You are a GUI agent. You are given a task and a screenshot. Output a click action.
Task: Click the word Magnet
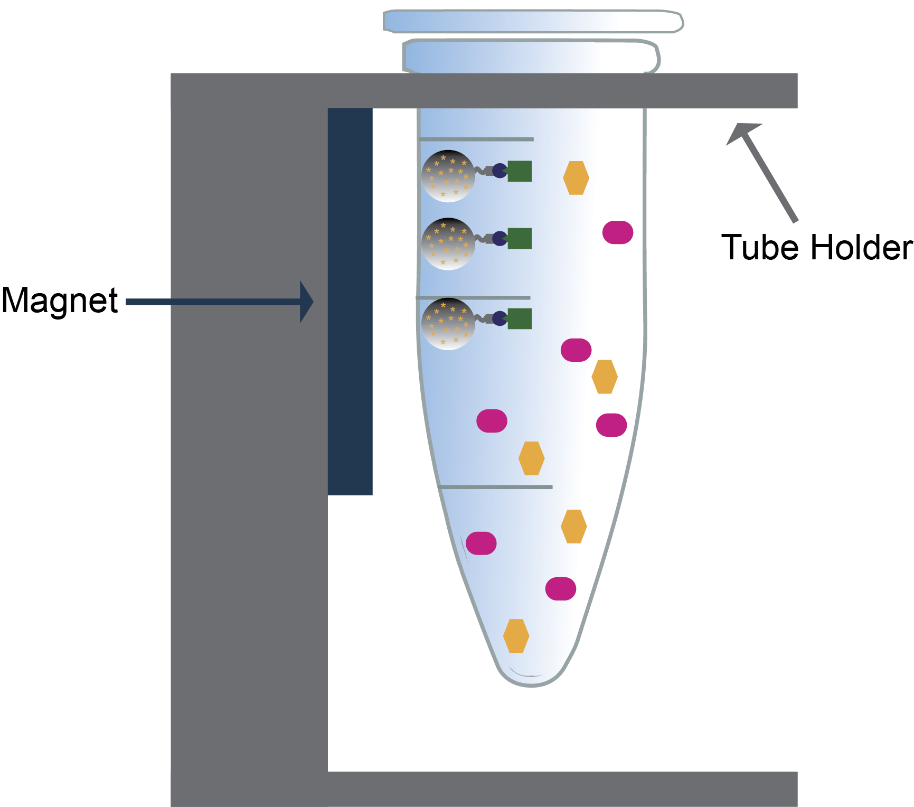pos(59,301)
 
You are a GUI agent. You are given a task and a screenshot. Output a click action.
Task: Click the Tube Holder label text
pos(816,247)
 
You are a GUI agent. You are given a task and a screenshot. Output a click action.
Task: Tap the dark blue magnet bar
pos(350,301)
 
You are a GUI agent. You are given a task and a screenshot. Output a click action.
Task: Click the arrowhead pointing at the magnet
pos(307,302)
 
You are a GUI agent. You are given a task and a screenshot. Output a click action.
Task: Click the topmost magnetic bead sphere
pos(448,176)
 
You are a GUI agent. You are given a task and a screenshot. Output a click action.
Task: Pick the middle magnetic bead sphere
pos(448,244)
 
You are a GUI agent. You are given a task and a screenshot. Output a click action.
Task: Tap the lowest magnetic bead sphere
pos(448,324)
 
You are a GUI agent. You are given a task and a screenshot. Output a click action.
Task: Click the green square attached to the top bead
pos(520,171)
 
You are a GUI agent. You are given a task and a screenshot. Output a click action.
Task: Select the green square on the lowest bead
pos(520,318)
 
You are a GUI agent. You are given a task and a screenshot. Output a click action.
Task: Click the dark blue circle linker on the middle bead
pos(500,239)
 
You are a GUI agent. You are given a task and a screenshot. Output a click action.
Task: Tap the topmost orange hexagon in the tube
pos(576,178)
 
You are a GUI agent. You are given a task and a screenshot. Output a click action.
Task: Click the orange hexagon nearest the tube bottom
pos(516,636)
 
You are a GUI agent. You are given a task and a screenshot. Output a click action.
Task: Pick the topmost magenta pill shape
pos(617,232)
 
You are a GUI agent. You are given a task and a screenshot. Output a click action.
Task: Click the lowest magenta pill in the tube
pos(560,588)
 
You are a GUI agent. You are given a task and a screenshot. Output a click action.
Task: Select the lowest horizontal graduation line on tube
pos(495,487)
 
